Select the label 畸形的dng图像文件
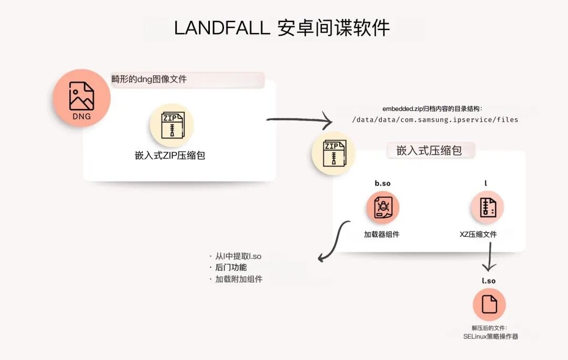[x=149, y=79]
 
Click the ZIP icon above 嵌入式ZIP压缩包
[x=171, y=125]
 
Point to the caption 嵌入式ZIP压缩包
[x=170, y=156]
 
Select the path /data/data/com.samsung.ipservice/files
[x=435, y=120]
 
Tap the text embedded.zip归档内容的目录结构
[x=432, y=109]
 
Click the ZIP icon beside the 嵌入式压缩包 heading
[x=333, y=154]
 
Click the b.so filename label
[x=382, y=183]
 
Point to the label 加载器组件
[x=382, y=234]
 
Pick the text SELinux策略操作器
[x=490, y=336]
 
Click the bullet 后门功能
[x=230, y=268]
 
